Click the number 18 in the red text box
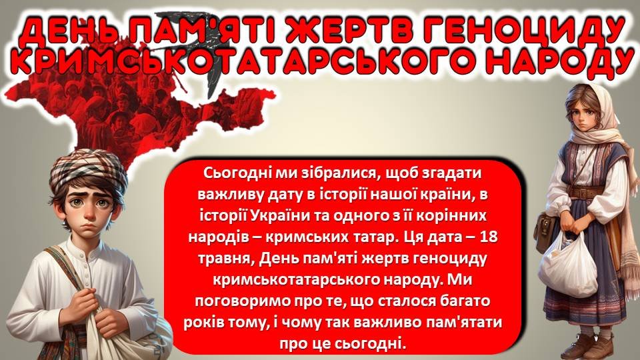[x=489, y=237]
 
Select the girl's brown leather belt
[x=588, y=191]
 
